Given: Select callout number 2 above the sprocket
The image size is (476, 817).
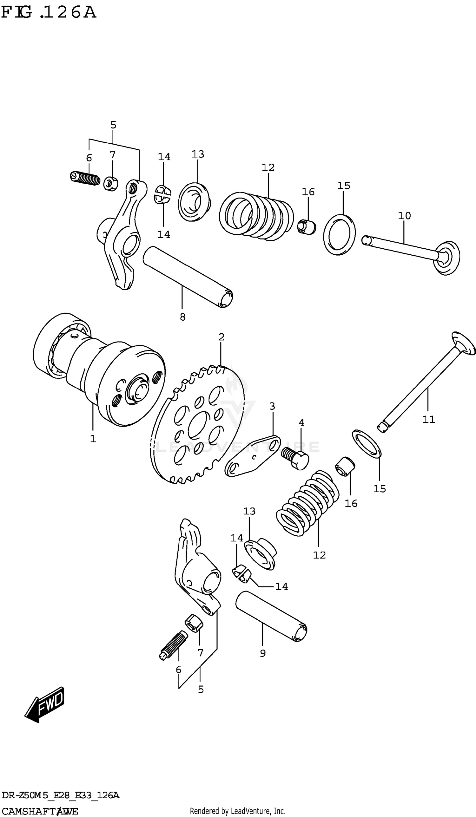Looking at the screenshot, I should click(x=221, y=337).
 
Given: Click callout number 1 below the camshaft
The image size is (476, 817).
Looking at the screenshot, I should click(x=93, y=439).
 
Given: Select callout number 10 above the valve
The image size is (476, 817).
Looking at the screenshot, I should click(x=404, y=216).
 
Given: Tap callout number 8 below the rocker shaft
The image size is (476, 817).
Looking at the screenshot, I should click(x=182, y=317).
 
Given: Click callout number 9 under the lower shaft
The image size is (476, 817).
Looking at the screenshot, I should click(x=262, y=653).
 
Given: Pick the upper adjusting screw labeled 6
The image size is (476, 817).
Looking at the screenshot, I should click(x=85, y=178).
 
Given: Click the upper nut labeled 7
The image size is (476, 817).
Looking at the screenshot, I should click(x=111, y=184).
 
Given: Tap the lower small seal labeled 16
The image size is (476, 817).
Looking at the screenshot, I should click(x=345, y=466).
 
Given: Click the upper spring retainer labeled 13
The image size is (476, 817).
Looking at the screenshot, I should click(x=194, y=202).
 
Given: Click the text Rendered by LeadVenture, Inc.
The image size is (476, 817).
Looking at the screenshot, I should click(x=237, y=811).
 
